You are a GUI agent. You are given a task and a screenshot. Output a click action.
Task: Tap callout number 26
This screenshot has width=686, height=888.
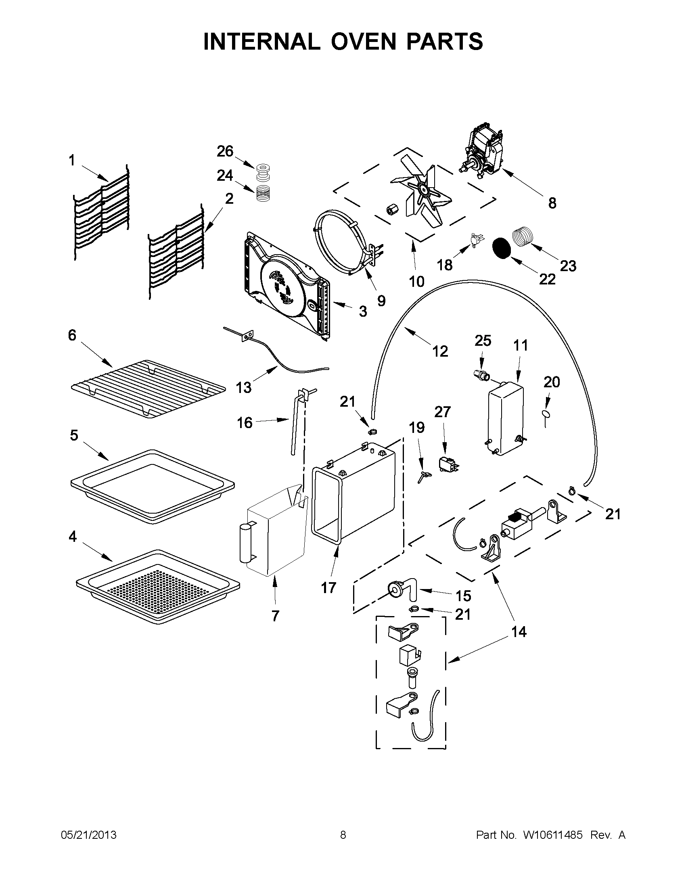click(x=225, y=151)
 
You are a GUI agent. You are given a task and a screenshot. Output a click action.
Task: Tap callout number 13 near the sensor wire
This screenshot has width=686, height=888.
click(x=244, y=387)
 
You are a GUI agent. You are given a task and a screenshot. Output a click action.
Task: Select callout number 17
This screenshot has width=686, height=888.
click(x=328, y=587)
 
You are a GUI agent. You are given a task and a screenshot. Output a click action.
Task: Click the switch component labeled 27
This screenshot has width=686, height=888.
click(x=446, y=464)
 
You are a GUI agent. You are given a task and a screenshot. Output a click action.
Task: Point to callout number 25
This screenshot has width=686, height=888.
click(x=483, y=341)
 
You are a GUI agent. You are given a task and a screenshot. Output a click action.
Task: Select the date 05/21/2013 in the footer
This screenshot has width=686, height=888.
click(x=89, y=835)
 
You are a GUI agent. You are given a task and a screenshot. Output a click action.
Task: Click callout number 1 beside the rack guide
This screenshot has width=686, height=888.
click(x=71, y=160)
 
